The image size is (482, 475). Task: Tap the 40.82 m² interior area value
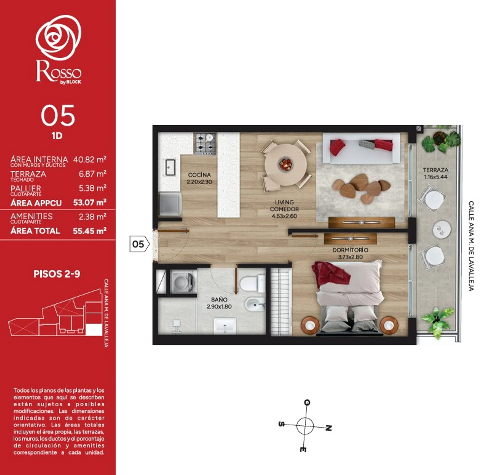tap(90, 159)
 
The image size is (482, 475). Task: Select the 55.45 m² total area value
tap(90, 231)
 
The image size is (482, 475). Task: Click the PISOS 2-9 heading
tap(57, 274)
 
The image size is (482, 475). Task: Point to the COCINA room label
tap(199, 175)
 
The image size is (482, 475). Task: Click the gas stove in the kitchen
tap(206, 143)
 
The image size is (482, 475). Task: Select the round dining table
tap(286, 164)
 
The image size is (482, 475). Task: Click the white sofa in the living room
tap(361, 148)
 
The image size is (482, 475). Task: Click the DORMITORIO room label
tap(350, 250)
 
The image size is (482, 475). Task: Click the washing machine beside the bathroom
tap(183, 281)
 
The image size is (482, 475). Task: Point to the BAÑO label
tap(219, 300)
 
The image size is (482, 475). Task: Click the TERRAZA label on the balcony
tap(436, 170)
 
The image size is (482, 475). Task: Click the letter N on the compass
tap(329, 428)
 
